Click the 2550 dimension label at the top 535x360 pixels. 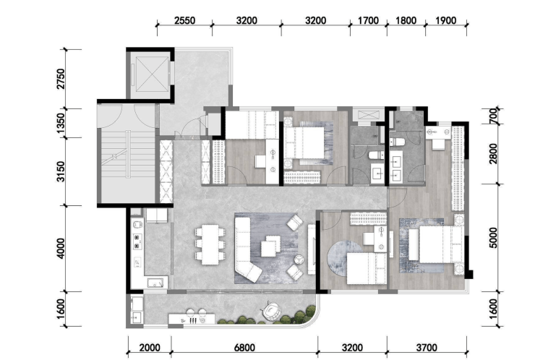[x=184, y=20]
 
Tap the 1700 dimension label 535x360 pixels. [x=368, y=20]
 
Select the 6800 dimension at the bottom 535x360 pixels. [x=244, y=348]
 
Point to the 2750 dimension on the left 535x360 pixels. [x=61, y=79]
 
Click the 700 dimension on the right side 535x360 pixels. [x=493, y=116]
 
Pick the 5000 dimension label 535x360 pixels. [x=493, y=238]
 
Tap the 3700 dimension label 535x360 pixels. [x=427, y=348]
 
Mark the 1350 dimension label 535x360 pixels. [x=61, y=123]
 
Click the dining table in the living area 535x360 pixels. [x=210, y=244]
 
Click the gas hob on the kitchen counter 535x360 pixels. [x=137, y=241]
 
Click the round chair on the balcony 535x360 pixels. [x=271, y=311]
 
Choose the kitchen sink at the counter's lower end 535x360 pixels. [x=155, y=283]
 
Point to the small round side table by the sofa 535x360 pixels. [x=299, y=260]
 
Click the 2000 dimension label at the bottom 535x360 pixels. [x=150, y=348]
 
